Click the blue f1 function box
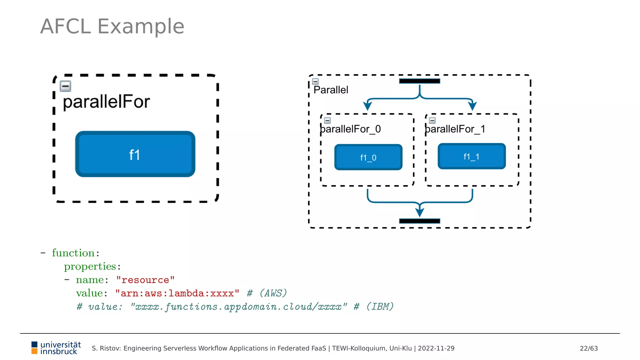pos(135,154)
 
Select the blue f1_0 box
pos(368,157)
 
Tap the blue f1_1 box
pos(472,156)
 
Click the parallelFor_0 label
pos(350,129)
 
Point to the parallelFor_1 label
pos(455,129)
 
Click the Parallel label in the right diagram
pos(331,90)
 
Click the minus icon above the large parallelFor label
pos(65,86)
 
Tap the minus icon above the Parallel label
pos(316,82)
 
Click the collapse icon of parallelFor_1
pos(432,121)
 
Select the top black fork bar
pos(419,81)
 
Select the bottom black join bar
pos(419,221)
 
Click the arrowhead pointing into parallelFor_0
pos(367,106)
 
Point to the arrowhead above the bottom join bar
pos(420,212)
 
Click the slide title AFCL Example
pos(112,26)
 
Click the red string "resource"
pos(145,280)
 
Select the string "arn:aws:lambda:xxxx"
pos(177,293)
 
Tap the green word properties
pos(90,266)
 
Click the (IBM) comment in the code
pos(380,307)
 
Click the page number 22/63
pos(588,348)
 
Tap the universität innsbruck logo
pos(56,348)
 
